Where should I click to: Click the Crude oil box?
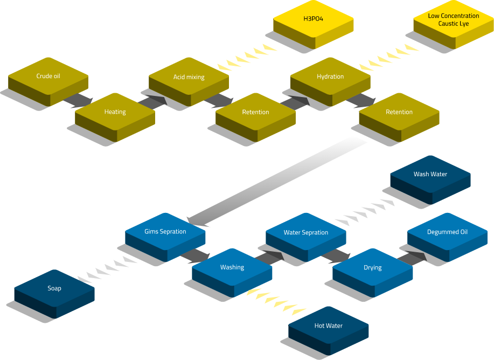point(48,77)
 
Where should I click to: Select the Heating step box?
point(115,112)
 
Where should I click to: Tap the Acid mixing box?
point(189,77)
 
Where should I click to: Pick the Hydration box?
point(330,77)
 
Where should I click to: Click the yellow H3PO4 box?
point(313,19)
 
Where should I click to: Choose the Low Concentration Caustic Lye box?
point(453,20)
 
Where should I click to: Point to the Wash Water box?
point(430,175)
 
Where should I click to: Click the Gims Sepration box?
point(165,232)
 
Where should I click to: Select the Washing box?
point(232,267)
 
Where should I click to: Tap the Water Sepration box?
point(305,233)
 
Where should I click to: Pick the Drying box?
point(372,267)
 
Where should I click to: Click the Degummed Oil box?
point(447,232)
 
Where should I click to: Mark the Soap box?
point(54,289)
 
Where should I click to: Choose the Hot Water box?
point(328,326)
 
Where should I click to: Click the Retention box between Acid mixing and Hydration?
point(255,112)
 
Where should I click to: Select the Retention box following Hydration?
point(399,112)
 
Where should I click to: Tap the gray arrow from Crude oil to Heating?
point(78,100)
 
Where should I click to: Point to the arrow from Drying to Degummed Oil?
point(413,257)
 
